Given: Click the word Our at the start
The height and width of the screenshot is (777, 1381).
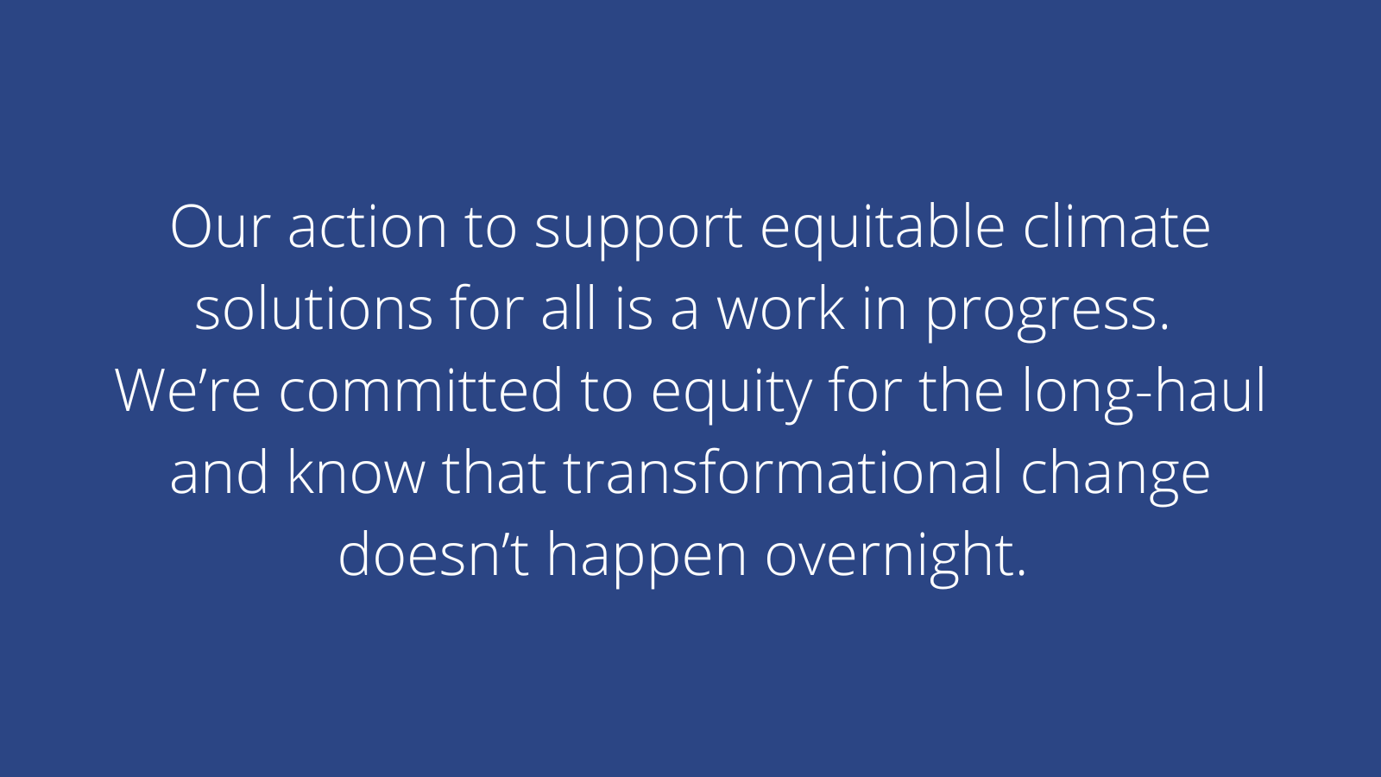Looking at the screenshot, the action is point(220,227).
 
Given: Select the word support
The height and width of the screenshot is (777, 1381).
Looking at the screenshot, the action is point(638,231).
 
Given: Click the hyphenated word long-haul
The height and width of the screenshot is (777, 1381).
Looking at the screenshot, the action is point(1145,394).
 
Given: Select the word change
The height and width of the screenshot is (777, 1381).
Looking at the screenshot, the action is point(1115,477).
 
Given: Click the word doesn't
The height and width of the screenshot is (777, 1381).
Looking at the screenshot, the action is point(433,553).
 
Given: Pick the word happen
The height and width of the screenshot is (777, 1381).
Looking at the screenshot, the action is point(646,559).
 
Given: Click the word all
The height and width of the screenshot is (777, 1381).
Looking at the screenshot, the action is point(569,307).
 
